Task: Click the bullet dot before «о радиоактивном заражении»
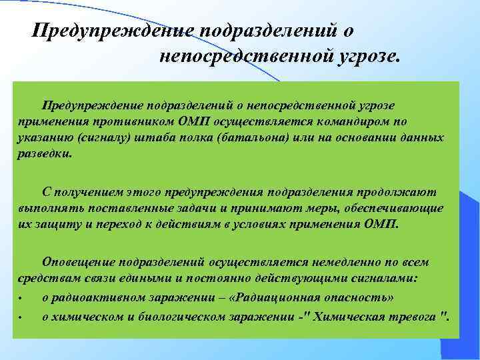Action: pyautogui.click(x=21, y=298)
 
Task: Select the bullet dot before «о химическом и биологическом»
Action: pyautogui.click(x=21, y=317)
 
